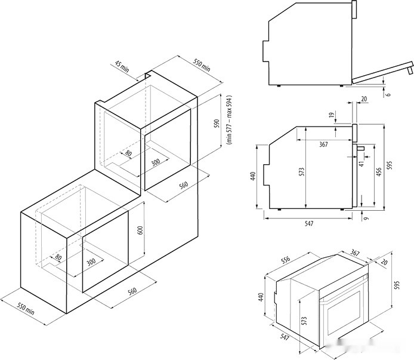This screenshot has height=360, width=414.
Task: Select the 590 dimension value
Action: coord(217,124)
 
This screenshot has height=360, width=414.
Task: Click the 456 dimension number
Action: coord(378,171)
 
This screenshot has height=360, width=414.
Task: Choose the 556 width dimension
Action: coord(285,261)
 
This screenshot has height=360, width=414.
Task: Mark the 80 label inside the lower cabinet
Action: coord(58,258)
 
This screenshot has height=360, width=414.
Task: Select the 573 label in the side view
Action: coord(302,171)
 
